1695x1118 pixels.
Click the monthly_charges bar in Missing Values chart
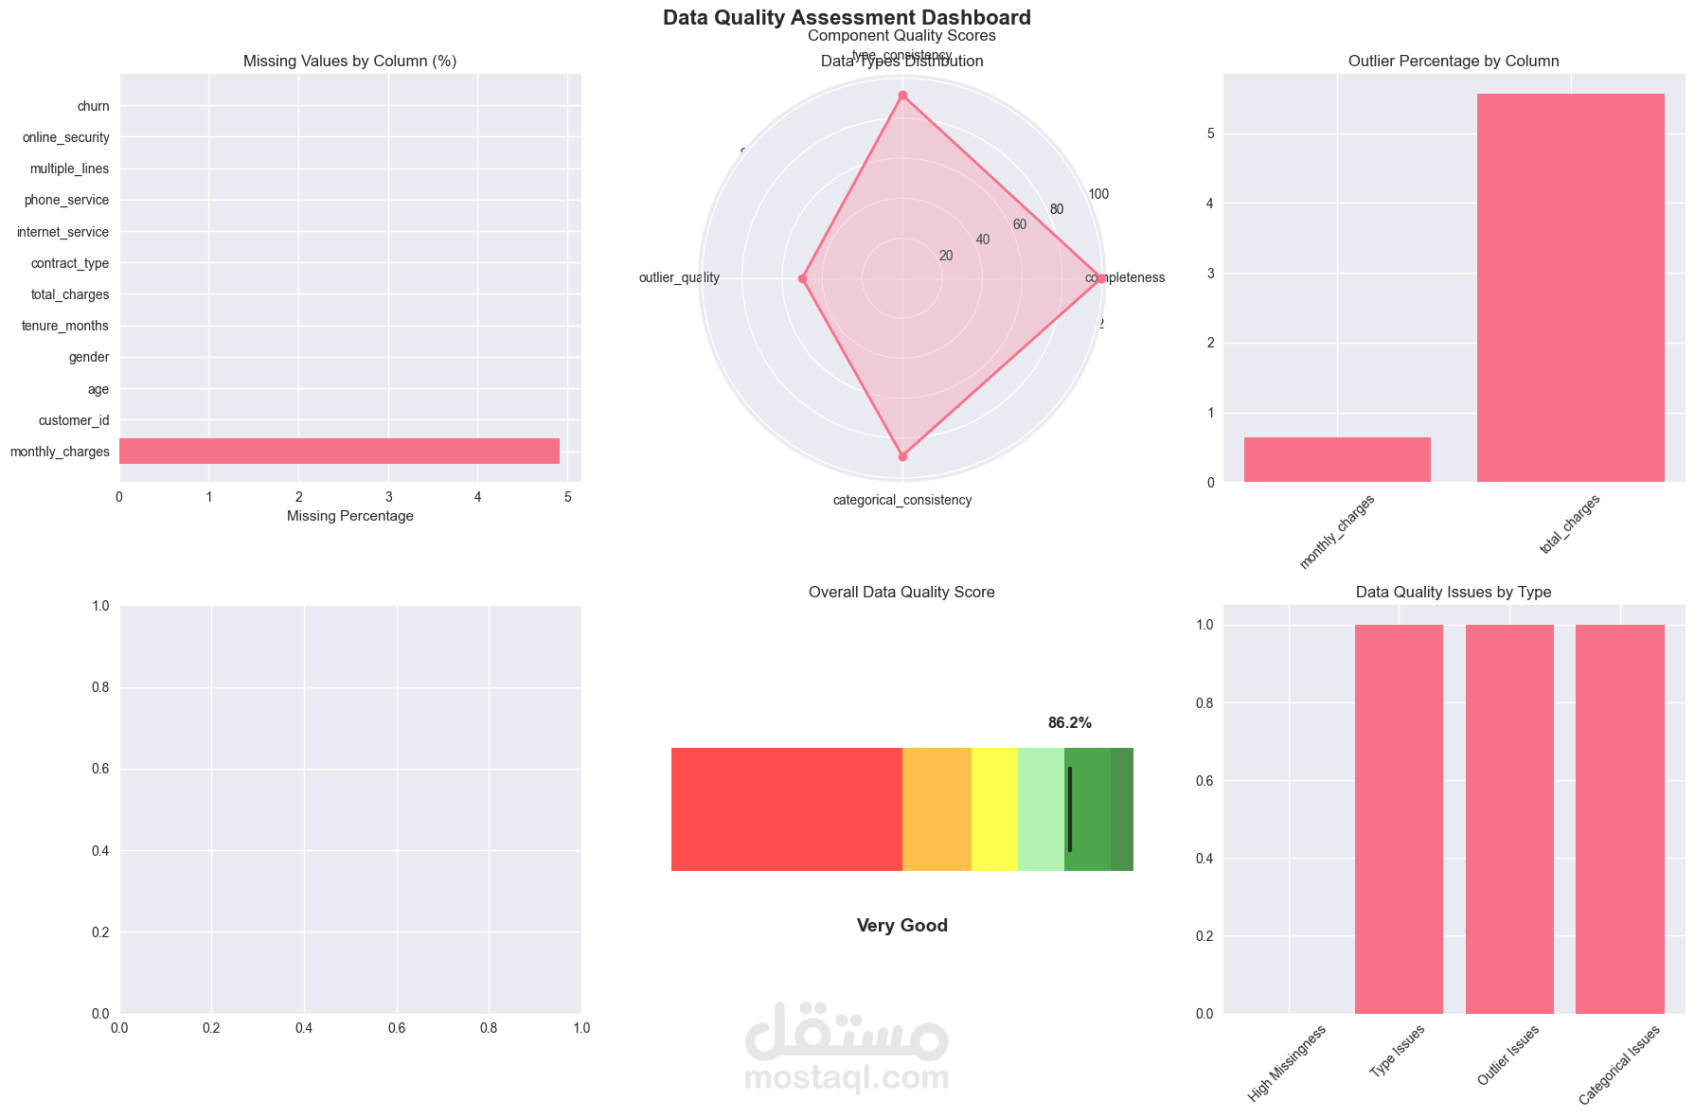(x=339, y=452)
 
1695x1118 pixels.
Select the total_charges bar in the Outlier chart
(x=1570, y=288)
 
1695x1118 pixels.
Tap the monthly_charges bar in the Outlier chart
(x=1336, y=460)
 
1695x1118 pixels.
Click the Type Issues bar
(x=1399, y=819)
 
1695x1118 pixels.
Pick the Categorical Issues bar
(x=1619, y=819)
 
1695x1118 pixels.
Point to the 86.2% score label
(x=1069, y=723)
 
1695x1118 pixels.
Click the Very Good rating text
(x=901, y=926)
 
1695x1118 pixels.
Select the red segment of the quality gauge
(x=786, y=809)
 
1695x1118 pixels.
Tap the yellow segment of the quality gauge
(x=994, y=809)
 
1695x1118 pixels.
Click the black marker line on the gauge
(x=1070, y=809)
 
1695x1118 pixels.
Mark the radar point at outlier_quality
(x=802, y=279)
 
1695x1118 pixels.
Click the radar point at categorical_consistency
(x=902, y=456)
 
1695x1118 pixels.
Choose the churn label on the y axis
(x=94, y=106)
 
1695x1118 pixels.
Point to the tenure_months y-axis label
(x=65, y=326)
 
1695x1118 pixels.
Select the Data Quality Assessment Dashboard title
(x=847, y=17)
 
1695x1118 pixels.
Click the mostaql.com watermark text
(x=847, y=1078)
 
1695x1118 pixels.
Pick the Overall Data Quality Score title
(x=901, y=593)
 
